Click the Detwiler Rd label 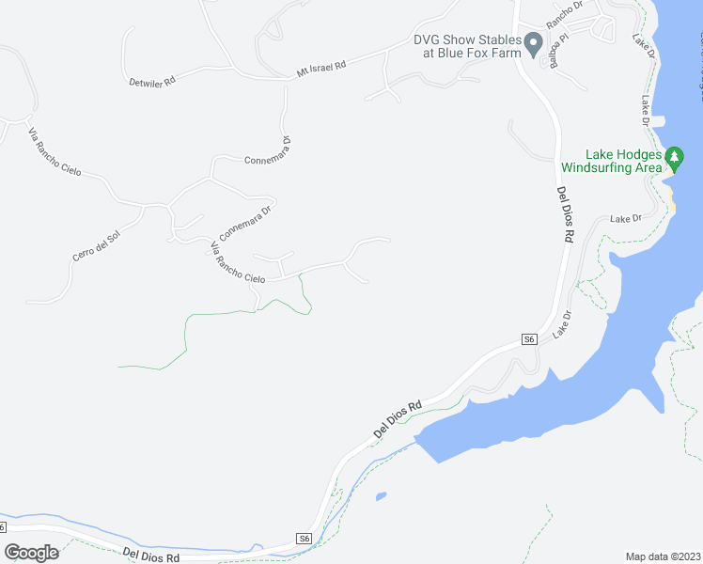tap(152, 83)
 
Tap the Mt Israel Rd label tap(321, 66)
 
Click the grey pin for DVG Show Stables tap(533, 43)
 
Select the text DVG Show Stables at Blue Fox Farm tap(467, 46)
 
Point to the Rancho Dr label tap(565, 13)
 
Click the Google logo tap(31, 553)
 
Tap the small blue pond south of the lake tap(380, 495)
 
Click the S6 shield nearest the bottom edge tap(303, 539)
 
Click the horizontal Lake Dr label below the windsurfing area tap(625, 219)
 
